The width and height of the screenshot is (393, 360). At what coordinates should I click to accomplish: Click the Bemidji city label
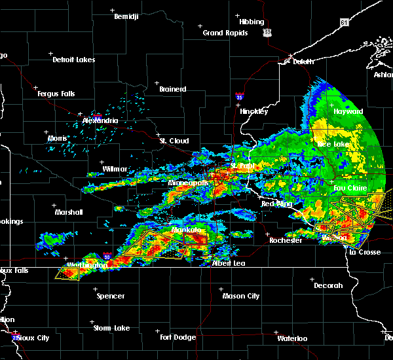pos(126,16)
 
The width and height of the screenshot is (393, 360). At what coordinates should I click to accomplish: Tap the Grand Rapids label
pos(225,33)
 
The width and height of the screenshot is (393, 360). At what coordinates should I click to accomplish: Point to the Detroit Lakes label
pos(73,60)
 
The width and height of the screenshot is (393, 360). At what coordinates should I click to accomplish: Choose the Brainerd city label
pos(173,89)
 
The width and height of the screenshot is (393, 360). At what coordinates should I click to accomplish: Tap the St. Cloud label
pos(175,141)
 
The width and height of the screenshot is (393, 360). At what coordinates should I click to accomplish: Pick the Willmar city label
pos(115,169)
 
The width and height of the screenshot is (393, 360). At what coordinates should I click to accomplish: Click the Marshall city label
pos(68,212)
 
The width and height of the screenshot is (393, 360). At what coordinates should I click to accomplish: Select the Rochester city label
pos(286,240)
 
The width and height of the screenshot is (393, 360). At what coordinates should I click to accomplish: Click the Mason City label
pos(240,296)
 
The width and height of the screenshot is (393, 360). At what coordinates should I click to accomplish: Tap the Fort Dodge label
pos(178,337)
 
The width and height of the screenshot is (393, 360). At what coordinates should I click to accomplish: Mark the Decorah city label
pos(328,285)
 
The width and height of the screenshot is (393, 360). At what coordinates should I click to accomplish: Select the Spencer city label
pos(111,296)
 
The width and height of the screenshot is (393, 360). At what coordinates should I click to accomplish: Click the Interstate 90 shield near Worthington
pos(108,257)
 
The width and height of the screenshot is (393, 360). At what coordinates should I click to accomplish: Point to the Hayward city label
pos(348,112)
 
